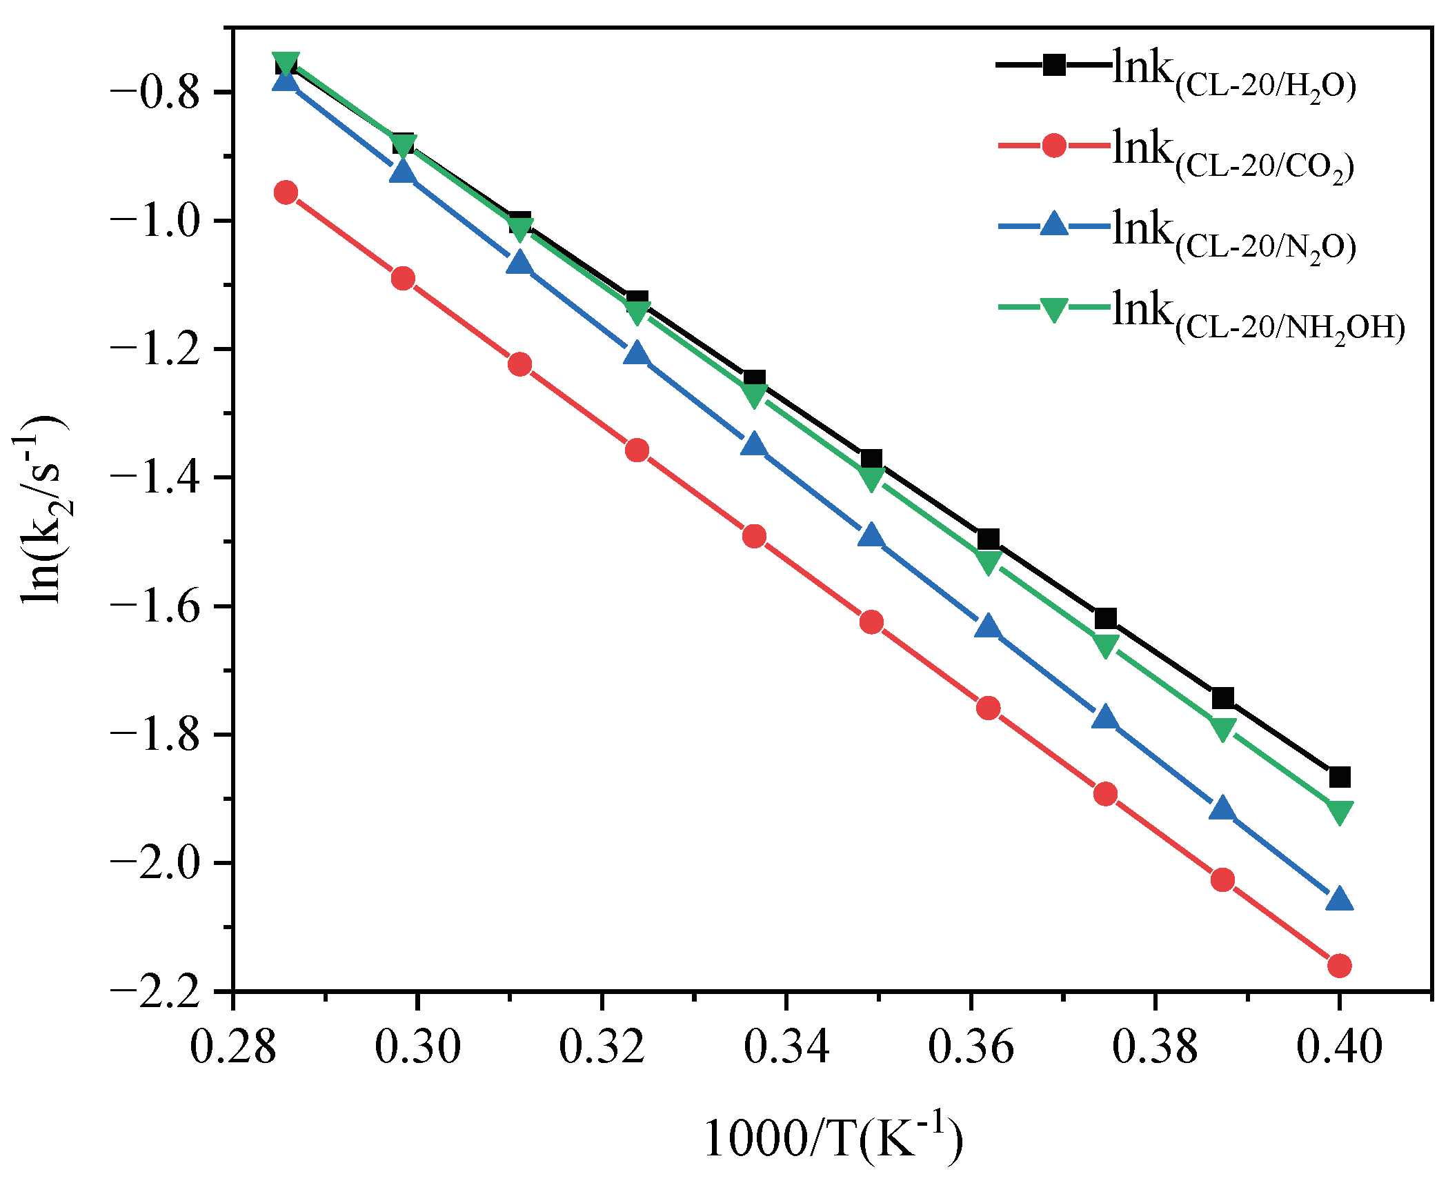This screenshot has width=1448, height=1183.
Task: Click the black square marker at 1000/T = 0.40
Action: [x=1339, y=777]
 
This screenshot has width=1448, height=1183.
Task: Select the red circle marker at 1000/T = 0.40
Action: [x=1339, y=966]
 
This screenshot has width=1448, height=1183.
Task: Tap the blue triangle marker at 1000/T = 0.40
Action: [x=1339, y=899]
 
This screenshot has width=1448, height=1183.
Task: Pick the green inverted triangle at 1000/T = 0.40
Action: [x=1339, y=812]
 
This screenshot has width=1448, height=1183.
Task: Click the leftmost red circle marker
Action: [x=286, y=192]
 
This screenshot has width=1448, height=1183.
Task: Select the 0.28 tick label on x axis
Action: [x=233, y=1046]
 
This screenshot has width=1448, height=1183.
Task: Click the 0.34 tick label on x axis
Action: [x=786, y=1046]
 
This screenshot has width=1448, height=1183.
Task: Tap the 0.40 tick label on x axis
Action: [x=1339, y=1046]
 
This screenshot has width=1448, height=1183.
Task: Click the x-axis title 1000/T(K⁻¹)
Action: [x=833, y=1138]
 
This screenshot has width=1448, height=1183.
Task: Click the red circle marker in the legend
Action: [x=1053, y=146]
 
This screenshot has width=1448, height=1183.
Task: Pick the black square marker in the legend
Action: [x=1053, y=66]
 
